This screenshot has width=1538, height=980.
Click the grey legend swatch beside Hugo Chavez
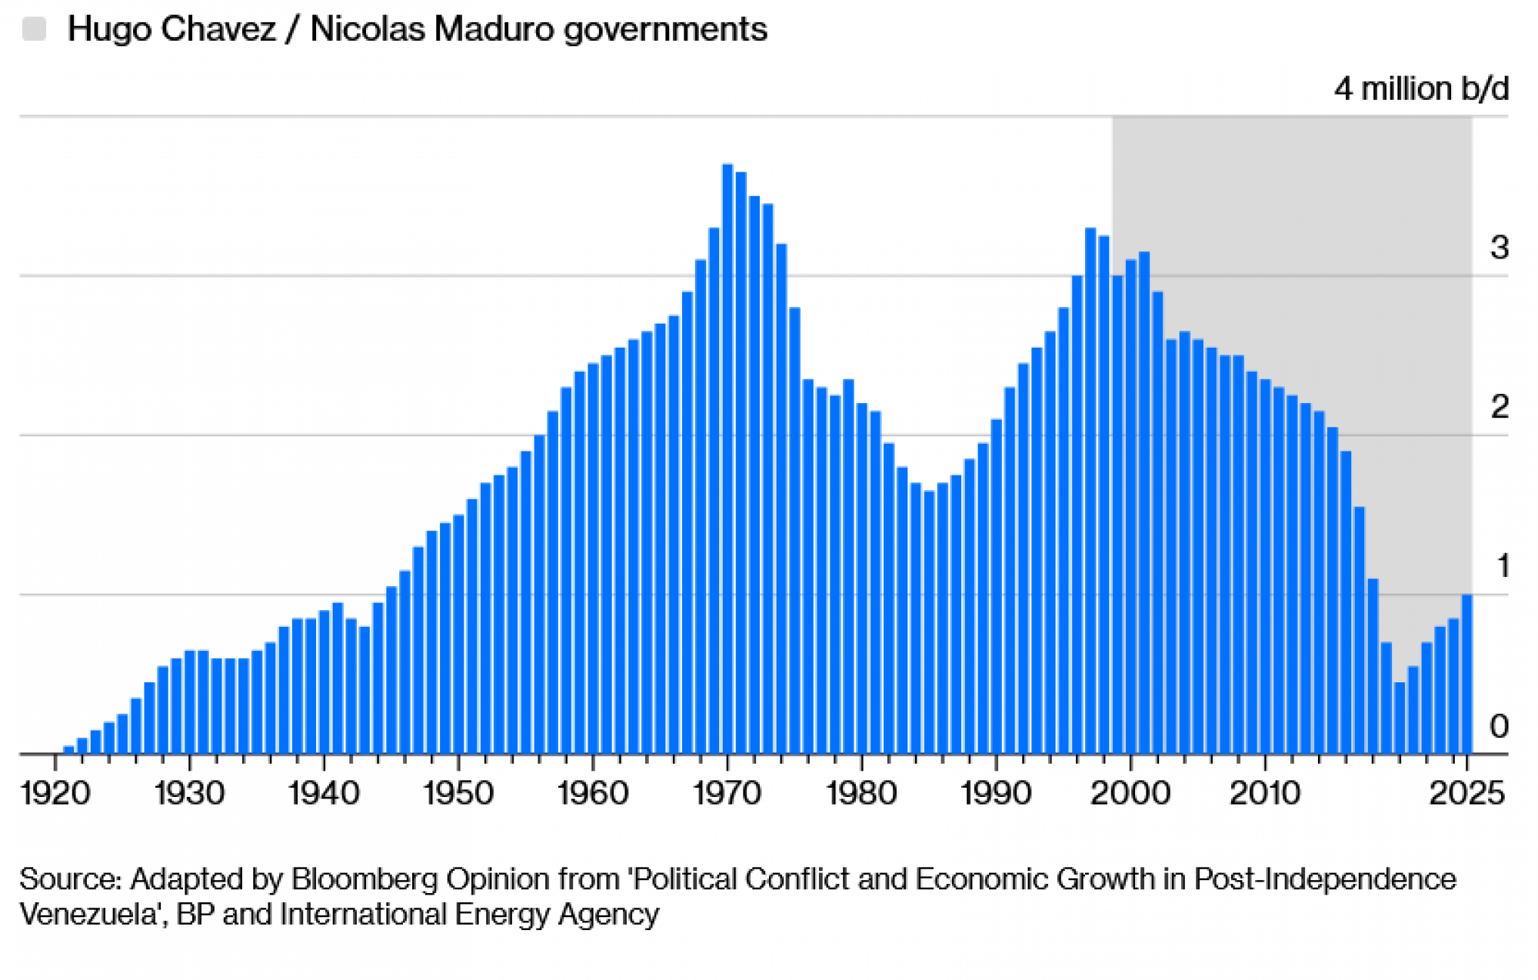click(x=35, y=29)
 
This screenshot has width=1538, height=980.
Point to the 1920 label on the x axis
click(x=55, y=793)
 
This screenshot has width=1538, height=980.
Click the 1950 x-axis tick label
click(x=458, y=793)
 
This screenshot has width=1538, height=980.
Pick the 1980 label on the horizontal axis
click(x=861, y=793)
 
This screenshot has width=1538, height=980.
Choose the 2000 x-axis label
click(x=1130, y=793)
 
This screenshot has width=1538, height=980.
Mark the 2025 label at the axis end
click(x=1466, y=793)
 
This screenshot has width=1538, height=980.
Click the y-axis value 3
click(x=1499, y=248)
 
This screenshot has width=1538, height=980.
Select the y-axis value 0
click(x=1499, y=726)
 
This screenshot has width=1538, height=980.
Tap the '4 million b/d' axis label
click(x=1421, y=89)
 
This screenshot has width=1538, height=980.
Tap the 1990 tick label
click(x=996, y=793)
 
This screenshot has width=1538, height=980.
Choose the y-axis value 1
click(x=1503, y=566)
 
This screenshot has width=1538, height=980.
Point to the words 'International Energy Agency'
click(x=469, y=914)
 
